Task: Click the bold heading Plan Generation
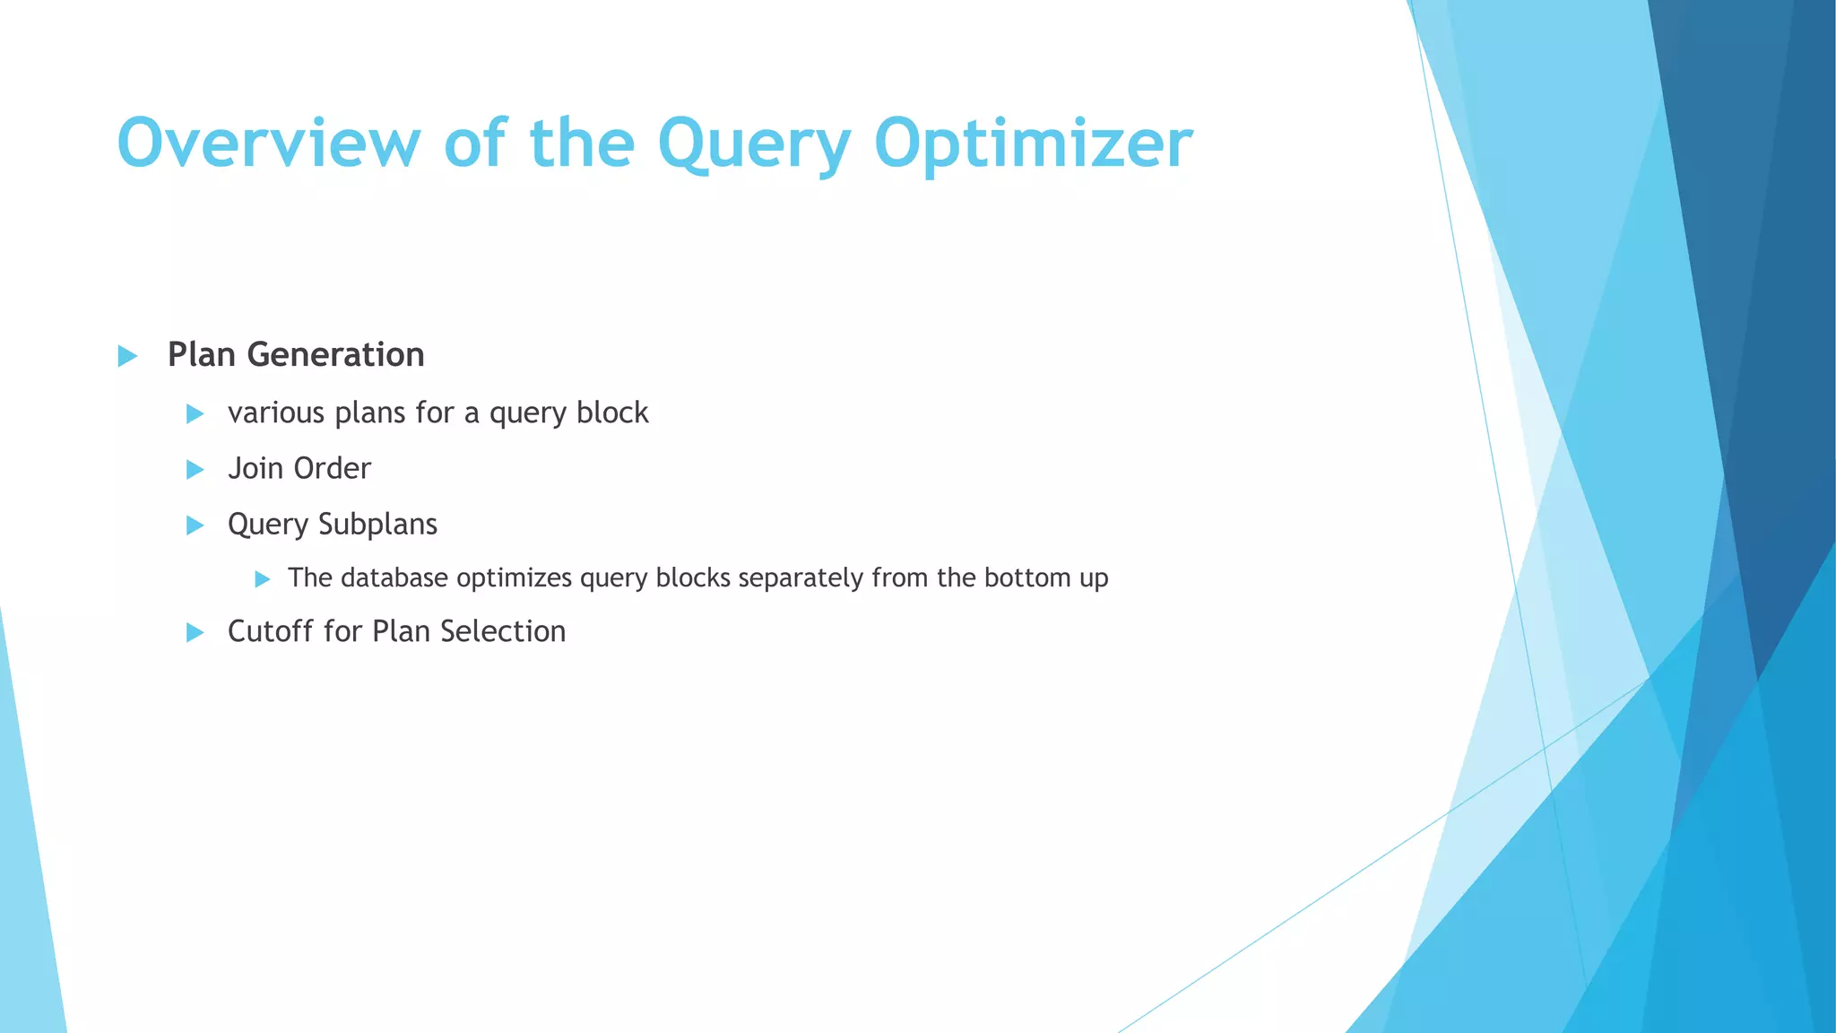click(x=296, y=355)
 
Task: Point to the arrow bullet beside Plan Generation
click(x=127, y=356)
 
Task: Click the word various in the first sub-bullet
click(x=276, y=413)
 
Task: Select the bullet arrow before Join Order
click(x=195, y=469)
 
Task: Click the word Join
click(x=255, y=468)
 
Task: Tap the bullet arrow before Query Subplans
click(x=195, y=525)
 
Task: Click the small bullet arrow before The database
click(x=262, y=579)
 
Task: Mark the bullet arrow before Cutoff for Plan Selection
click(x=195, y=633)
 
